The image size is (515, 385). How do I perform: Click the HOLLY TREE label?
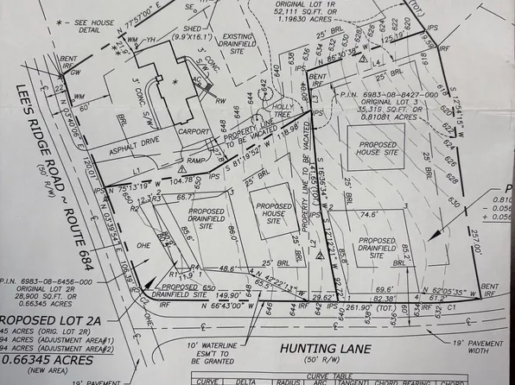[x=282, y=106]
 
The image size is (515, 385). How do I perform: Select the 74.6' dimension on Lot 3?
[x=369, y=192]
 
